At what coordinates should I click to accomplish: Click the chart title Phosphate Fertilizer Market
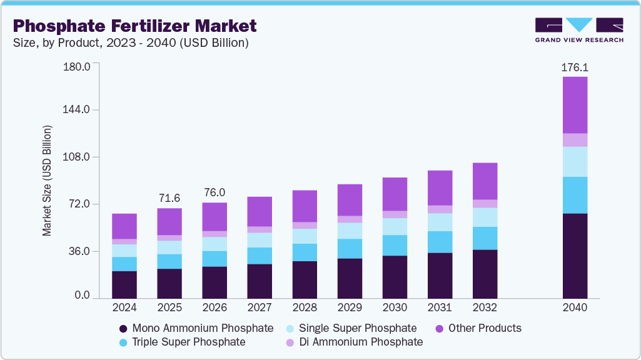coord(134,26)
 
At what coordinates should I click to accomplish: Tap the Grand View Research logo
coord(578,29)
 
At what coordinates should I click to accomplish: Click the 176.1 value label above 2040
coord(575,67)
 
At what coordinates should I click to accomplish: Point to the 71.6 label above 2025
coord(169,198)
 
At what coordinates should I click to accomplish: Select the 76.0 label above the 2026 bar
coord(215,192)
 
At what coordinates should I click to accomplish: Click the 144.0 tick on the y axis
coord(78,109)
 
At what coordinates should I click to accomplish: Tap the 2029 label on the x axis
coord(350,308)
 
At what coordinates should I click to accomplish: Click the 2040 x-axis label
coord(575,308)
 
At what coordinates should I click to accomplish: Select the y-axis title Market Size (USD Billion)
coord(47,181)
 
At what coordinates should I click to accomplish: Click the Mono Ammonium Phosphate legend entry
coord(196,328)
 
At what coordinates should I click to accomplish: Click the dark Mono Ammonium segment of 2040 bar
coord(575,256)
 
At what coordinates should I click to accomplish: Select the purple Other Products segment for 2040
coord(575,105)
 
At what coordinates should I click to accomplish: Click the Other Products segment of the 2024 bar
coord(124,226)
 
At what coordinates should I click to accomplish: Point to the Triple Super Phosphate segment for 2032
coord(485,238)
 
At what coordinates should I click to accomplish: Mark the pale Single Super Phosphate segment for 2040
coord(575,162)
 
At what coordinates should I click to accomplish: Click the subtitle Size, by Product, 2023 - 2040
coord(131,43)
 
